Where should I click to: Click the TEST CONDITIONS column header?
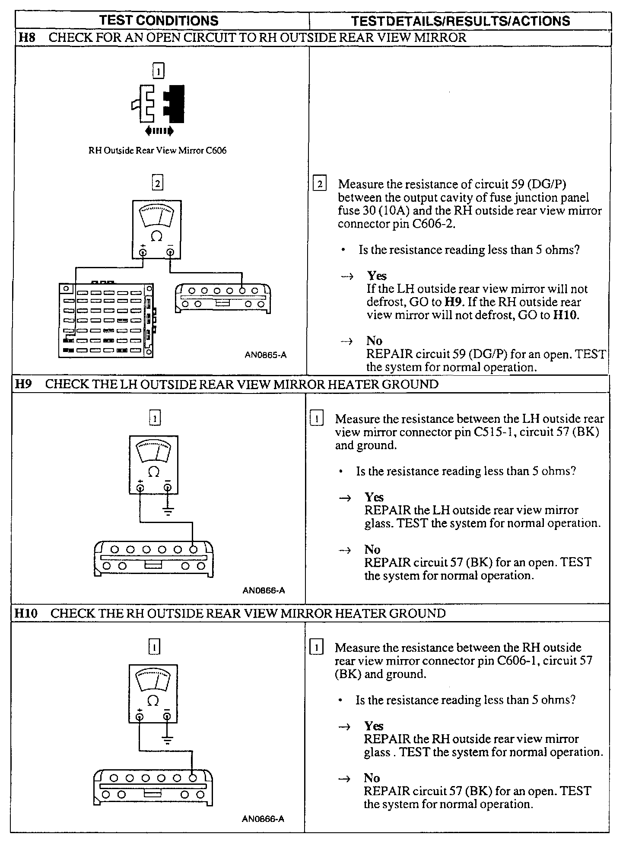click(x=159, y=21)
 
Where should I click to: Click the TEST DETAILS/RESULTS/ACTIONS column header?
click(x=460, y=21)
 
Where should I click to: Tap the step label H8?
click(x=27, y=38)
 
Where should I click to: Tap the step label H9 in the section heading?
click(x=24, y=384)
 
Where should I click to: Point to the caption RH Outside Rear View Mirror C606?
click(x=157, y=151)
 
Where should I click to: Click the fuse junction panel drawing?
click(x=106, y=320)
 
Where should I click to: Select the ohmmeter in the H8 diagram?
click(x=157, y=229)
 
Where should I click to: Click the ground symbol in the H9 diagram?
click(x=168, y=511)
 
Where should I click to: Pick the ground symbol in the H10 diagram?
click(x=167, y=740)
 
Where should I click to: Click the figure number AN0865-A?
click(x=265, y=355)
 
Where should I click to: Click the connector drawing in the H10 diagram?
click(x=153, y=787)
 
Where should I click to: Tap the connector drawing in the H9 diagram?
click(x=153, y=558)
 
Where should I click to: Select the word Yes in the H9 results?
click(x=374, y=497)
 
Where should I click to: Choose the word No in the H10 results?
click(x=372, y=778)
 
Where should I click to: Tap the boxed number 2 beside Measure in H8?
click(x=319, y=184)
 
